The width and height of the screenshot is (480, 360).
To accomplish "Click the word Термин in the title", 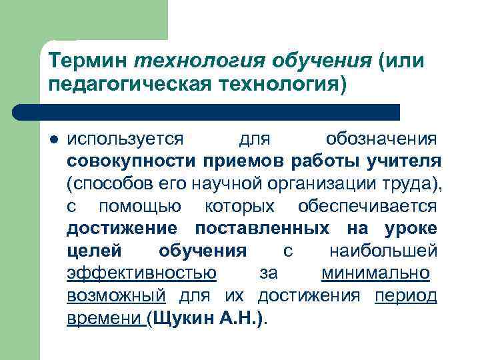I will point(88,61).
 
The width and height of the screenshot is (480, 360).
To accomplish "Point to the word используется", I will point(125,139).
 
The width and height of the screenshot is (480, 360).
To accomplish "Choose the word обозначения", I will point(381,139).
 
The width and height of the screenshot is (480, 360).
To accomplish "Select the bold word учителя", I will point(405,161).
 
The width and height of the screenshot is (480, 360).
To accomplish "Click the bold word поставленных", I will point(261,229).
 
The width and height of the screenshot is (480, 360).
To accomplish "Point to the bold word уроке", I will point(411,229).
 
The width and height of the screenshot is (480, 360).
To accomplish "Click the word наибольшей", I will point(383,251).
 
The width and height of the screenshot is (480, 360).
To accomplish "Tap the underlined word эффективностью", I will point(141,273).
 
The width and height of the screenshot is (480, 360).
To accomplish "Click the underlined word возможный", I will point(115,295).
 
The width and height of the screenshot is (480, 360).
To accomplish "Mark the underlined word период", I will point(406,295).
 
